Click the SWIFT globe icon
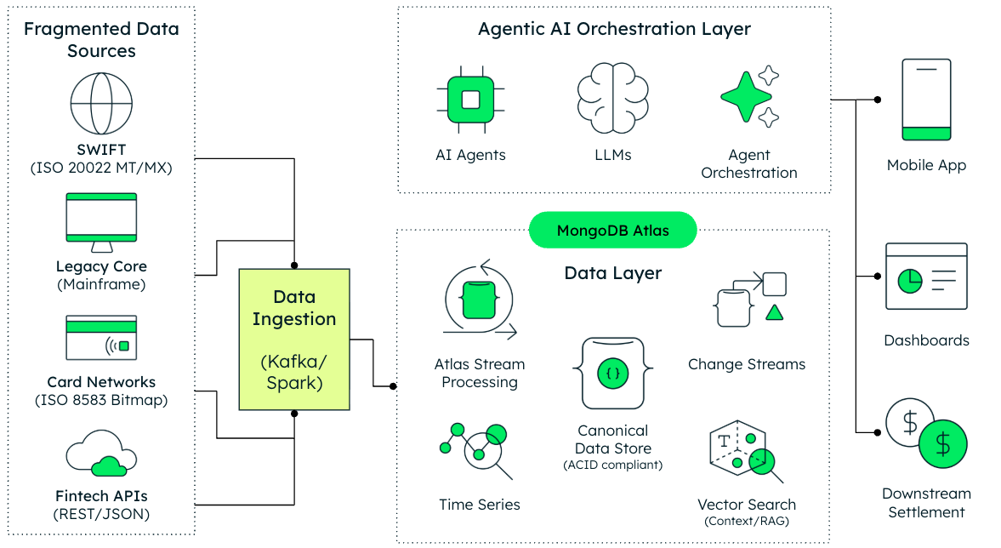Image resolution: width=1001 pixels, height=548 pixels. [x=101, y=102]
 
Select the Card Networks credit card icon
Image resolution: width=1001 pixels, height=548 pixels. [x=101, y=338]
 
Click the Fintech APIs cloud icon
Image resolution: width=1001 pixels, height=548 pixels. [x=101, y=454]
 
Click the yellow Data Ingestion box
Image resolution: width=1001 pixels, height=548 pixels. [x=294, y=340]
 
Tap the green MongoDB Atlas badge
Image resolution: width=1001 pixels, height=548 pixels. [x=612, y=231]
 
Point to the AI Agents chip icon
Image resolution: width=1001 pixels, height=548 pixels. [x=470, y=99]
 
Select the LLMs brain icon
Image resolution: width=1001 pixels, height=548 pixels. [x=612, y=99]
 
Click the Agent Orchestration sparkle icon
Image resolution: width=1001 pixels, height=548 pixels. [x=749, y=95]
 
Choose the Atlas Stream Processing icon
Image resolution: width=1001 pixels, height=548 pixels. [x=479, y=303]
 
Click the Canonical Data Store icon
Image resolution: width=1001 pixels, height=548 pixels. [x=612, y=373]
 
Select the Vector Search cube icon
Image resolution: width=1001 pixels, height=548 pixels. [x=742, y=453]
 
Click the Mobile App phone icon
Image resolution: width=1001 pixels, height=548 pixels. [x=926, y=99]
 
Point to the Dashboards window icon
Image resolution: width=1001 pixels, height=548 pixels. [x=926, y=277]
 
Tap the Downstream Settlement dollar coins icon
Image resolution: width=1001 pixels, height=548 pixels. [x=925, y=433]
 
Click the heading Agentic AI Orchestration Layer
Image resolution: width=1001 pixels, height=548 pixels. [x=614, y=29]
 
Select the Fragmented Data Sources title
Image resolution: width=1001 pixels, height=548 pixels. [x=101, y=40]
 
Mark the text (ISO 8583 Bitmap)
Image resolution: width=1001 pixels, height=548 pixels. [x=101, y=400]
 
